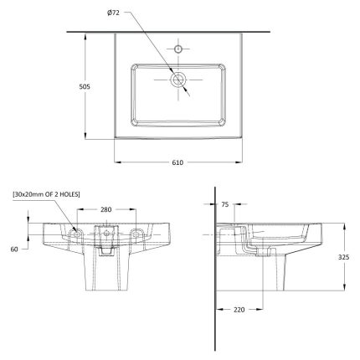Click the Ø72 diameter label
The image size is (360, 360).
(x=113, y=13)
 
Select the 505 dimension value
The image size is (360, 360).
(x=85, y=87)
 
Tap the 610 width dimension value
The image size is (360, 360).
(x=177, y=162)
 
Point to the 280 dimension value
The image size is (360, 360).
(x=106, y=209)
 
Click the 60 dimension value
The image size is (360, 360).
(x=14, y=249)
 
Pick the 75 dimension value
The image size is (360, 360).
(x=224, y=204)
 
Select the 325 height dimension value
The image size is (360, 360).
(x=343, y=257)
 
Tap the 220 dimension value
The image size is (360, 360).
(x=239, y=310)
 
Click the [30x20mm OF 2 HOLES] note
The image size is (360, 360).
(x=46, y=194)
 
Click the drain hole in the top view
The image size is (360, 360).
(x=178, y=80)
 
